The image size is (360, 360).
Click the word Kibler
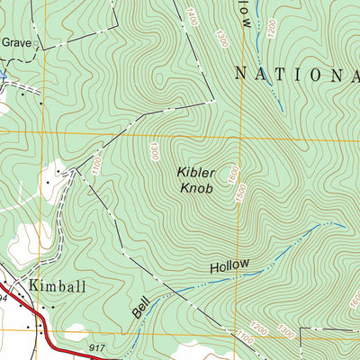(194, 172)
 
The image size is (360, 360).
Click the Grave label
(15, 41)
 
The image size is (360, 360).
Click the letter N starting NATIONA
(242, 74)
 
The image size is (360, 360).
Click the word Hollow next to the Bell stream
(229, 267)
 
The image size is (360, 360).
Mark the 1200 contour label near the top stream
(270, 28)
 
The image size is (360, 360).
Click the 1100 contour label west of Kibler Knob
(93, 165)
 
